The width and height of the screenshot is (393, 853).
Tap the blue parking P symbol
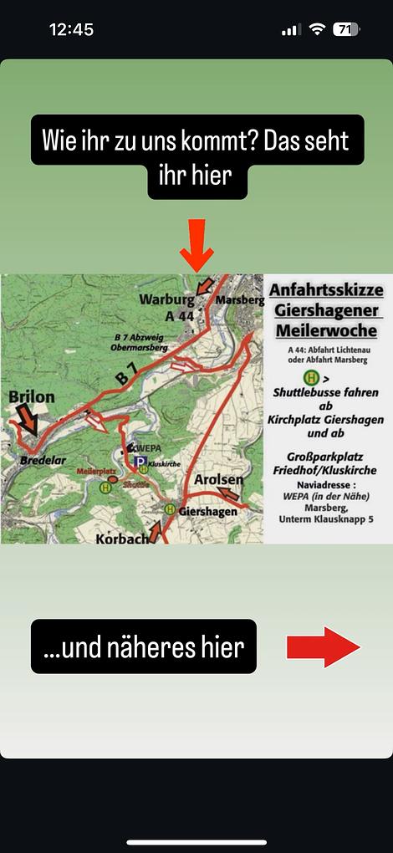pos(141,462)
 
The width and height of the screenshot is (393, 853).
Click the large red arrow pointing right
pos(323,647)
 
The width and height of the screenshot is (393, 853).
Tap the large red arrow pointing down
pos(197,244)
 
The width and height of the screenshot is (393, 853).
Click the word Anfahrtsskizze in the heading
pos(327,291)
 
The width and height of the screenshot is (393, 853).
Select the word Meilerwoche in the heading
pos(326,331)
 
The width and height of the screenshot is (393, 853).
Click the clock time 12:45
pos(73,29)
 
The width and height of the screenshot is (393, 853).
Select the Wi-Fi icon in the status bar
pos(317,29)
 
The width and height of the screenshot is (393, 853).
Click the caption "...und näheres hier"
pos(143,646)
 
